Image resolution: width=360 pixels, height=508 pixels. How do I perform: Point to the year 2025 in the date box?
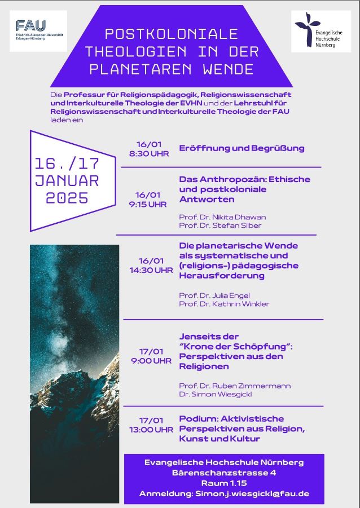click(67, 198)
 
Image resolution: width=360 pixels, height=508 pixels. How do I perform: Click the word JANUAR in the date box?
click(67, 181)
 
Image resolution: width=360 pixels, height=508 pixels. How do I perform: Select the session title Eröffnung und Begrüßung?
click(242, 148)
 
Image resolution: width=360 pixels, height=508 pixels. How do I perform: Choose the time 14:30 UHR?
click(151, 270)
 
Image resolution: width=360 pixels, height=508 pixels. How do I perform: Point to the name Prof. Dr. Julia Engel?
click(213, 295)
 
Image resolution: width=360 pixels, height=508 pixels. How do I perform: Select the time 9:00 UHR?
click(151, 361)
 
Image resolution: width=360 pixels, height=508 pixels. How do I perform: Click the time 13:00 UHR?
click(151, 430)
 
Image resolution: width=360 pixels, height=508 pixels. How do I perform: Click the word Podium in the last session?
click(196, 419)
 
